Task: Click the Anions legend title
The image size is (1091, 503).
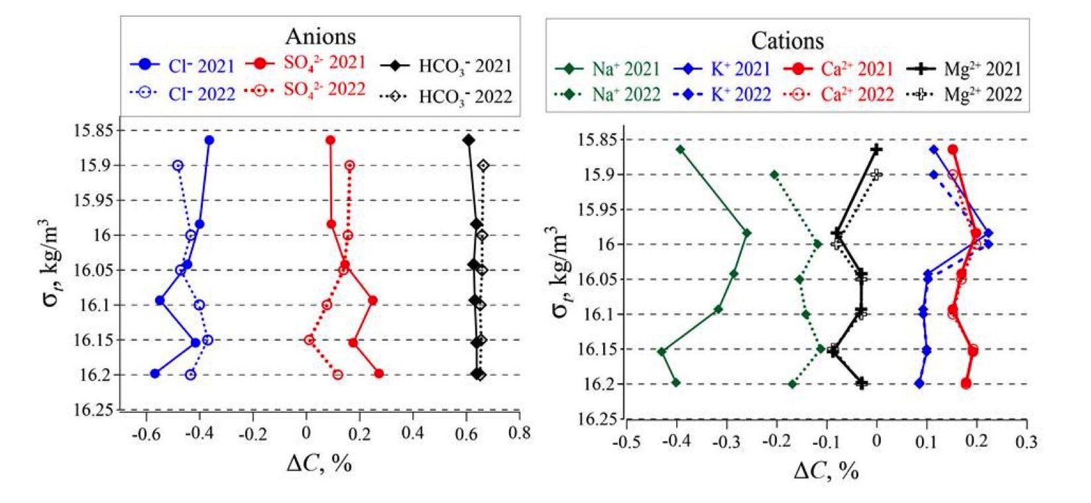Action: click(320, 36)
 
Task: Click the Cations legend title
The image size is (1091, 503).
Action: click(787, 40)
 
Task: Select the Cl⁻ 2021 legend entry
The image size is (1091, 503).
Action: click(182, 66)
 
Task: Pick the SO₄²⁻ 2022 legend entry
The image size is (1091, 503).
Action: click(306, 89)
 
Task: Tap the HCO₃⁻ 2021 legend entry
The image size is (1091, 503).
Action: click(446, 66)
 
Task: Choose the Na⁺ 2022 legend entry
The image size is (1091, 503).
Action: click(607, 94)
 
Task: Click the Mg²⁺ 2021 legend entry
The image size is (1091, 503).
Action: click(964, 69)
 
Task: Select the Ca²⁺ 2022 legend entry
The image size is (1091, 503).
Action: click(838, 94)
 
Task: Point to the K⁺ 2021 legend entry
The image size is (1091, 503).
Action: click(722, 69)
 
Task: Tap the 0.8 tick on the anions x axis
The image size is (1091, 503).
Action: click(520, 433)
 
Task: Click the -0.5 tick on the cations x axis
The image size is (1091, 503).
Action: click(626, 441)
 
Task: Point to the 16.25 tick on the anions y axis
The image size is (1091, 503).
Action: click(93, 410)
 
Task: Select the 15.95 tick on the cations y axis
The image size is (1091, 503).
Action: click(597, 209)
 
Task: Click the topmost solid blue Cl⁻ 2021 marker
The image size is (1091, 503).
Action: click(209, 140)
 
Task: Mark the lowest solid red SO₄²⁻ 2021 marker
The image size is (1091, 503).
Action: click(378, 374)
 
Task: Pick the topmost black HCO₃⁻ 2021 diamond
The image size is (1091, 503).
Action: click(469, 140)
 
